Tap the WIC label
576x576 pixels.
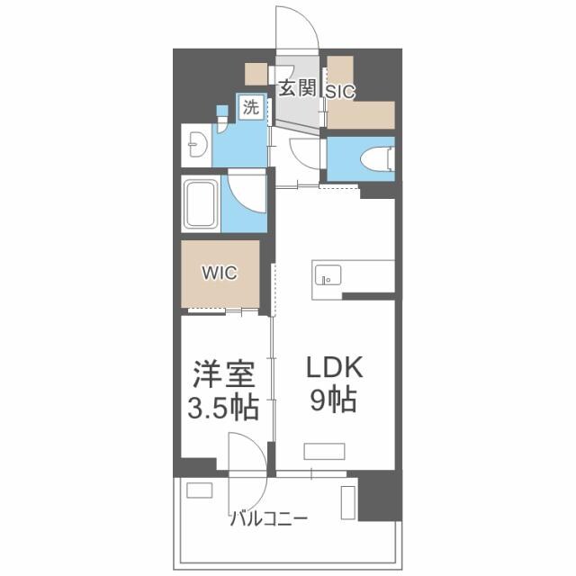pyautogui.click(x=220, y=273)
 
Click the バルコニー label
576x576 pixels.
pyautogui.click(x=270, y=518)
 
